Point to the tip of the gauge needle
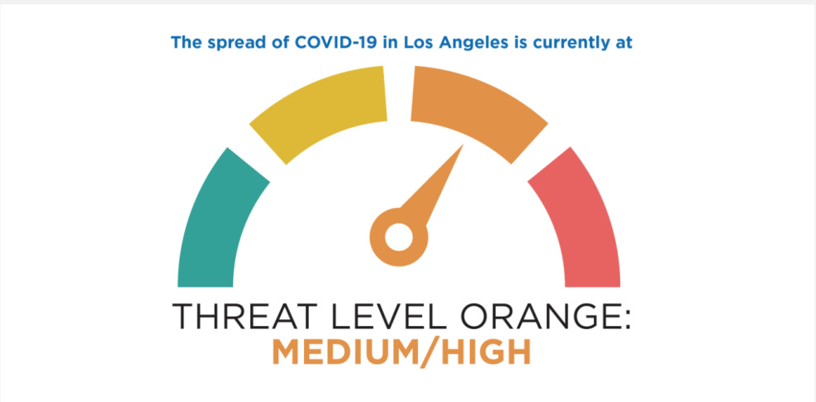click(463, 145)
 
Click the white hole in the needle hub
click(399, 237)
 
